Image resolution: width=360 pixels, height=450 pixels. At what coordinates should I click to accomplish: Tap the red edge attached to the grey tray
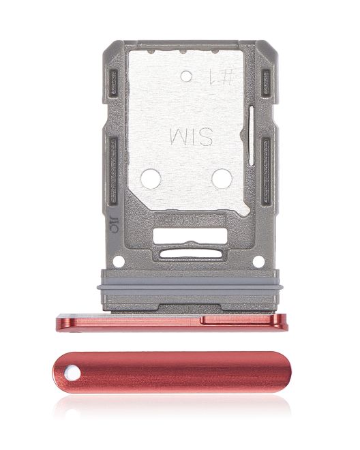tap(170, 321)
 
